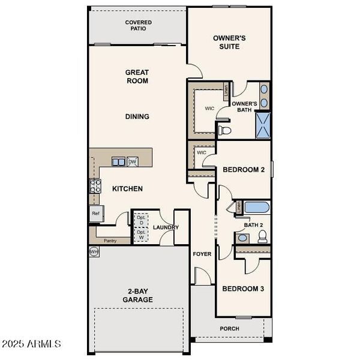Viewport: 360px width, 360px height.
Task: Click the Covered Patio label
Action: pyautogui.click(x=138, y=26)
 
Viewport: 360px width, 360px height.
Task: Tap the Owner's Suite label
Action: pyautogui.click(x=229, y=42)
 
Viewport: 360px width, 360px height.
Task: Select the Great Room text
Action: pyautogui.click(x=137, y=76)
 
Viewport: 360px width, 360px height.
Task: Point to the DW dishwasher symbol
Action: pyautogui.click(x=132, y=161)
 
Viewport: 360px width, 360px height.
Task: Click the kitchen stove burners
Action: pyautogui.click(x=94, y=186)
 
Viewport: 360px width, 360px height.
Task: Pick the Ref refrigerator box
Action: pyautogui.click(x=95, y=213)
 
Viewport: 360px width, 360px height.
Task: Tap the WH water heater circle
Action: pyautogui.click(x=94, y=251)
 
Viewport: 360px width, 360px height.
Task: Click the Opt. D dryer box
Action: pyautogui.click(x=140, y=219)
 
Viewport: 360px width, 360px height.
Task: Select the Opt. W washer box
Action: pyautogui.click(x=140, y=235)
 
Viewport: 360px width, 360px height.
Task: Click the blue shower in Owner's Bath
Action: pyautogui.click(x=262, y=125)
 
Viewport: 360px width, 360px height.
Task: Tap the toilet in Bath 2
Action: pyautogui.click(x=262, y=238)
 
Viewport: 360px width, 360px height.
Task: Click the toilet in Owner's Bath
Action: pyautogui.click(x=224, y=129)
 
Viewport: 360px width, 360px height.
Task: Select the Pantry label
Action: pyautogui.click(x=110, y=241)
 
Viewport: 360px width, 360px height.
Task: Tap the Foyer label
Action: pyautogui.click(x=202, y=254)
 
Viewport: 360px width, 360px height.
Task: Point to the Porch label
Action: pyautogui.click(x=229, y=328)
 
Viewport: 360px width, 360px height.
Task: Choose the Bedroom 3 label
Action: pyautogui.click(x=243, y=289)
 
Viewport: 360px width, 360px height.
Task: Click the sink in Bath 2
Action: pyautogui.click(x=242, y=238)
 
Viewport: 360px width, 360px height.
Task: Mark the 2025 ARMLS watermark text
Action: pyautogui.click(x=31, y=344)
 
